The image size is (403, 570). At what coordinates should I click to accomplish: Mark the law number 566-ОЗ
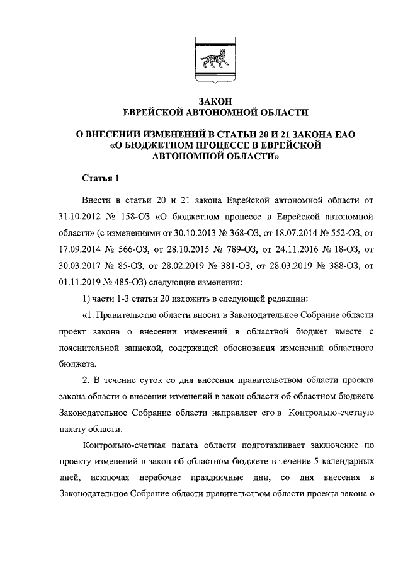pyautogui.click(x=128, y=251)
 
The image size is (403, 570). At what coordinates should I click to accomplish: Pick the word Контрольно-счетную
pyautogui.click(x=332, y=414)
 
